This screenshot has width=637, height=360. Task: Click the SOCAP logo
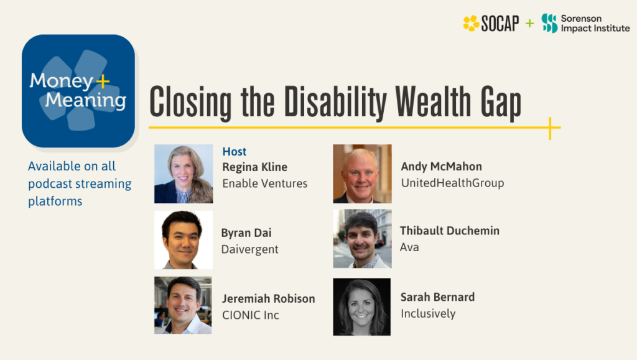490,24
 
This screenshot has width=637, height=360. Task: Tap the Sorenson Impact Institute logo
585,24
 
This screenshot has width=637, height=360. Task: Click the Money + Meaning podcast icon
78,91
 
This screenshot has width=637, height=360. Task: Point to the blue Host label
235,152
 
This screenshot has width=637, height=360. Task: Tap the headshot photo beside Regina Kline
184,174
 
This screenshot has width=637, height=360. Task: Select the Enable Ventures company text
265,183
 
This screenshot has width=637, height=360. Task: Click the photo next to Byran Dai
184,240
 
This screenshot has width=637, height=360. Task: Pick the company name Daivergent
249,249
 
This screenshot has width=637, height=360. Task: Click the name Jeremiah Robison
269,298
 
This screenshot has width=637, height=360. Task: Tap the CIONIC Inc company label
251,315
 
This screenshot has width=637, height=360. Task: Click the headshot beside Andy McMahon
362,174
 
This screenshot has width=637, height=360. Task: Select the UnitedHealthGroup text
452,183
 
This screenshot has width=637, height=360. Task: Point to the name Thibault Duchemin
450,231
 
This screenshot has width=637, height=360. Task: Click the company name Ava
409,247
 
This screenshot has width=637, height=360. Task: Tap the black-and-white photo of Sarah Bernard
362,307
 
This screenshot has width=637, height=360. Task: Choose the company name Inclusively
428,313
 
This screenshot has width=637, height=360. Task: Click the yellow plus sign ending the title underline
551,128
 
